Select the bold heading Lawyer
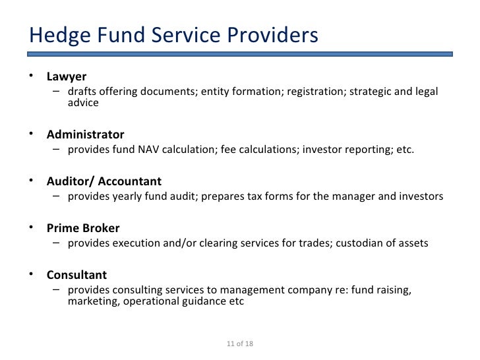coord(66,76)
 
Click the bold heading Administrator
coord(85,135)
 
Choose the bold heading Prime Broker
coord(83,228)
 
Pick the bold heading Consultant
coord(76,274)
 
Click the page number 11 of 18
coord(240,344)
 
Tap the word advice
coord(83,103)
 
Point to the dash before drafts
coord(57,91)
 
